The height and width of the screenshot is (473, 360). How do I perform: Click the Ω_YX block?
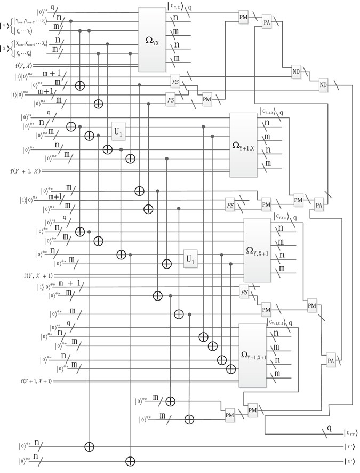[153, 40]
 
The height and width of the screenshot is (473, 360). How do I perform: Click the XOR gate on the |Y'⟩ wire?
[89, 445]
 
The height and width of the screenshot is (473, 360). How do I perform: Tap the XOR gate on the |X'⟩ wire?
[130, 460]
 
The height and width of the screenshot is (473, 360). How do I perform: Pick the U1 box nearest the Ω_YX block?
[118, 131]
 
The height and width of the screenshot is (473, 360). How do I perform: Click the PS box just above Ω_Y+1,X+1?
[244, 293]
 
